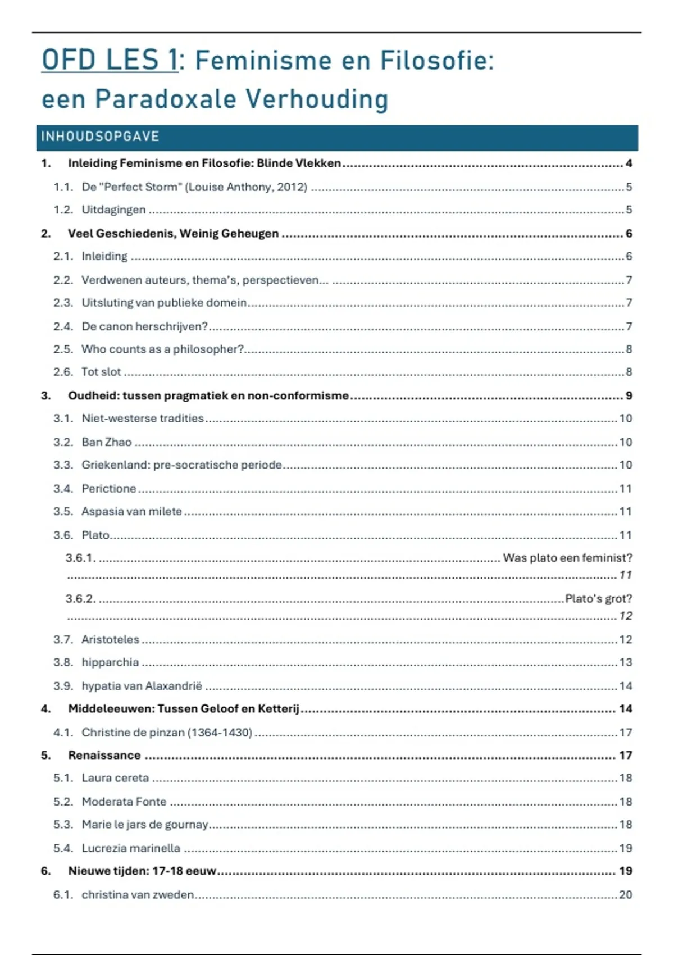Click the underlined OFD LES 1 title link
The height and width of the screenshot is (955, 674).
(110, 60)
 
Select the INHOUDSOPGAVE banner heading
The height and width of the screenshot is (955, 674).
(101, 137)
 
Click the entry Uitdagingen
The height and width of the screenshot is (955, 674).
(113, 210)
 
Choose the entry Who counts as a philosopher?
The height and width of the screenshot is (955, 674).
(162, 349)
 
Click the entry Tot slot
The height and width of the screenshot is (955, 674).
(101, 372)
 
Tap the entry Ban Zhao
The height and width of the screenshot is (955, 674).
(106, 442)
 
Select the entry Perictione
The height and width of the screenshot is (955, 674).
(108, 489)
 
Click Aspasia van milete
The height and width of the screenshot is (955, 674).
(131, 511)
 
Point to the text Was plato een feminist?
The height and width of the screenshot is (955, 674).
(567, 558)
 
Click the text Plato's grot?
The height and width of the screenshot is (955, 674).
(598, 599)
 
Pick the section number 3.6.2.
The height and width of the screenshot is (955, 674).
(80, 599)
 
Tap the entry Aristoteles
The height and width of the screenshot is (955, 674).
(110, 639)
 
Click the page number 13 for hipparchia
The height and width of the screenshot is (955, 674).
(626, 662)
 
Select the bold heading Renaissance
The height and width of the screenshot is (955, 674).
(104, 756)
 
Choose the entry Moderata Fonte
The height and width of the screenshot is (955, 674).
(124, 802)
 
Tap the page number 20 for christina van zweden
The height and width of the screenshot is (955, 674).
(626, 894)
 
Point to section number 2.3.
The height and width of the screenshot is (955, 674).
(63, 303)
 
